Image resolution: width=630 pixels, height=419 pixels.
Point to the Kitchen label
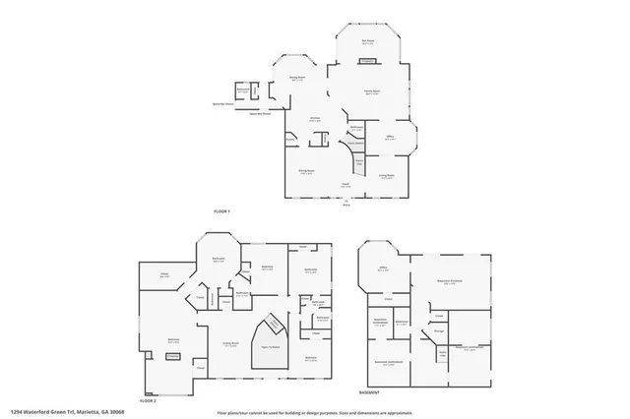pyautogui.click(x=316, y=119)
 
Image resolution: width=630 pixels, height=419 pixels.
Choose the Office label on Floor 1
pyautogui.click(x=390, y=137)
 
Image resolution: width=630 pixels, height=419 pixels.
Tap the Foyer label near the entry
pyautogui.click(x=346, y=184)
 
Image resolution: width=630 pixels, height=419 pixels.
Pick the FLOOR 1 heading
pyautogui.click(x=221, y=211)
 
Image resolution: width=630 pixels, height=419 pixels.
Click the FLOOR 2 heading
pyautogui.click(x=148, y=400)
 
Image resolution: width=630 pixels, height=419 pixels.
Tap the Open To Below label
pyautogui.click(x=270, y=347)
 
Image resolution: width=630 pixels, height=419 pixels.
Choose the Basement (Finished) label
pyautogui.click(x=451, y=281)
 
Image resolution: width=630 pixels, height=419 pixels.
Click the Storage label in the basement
pyautogui.click(x=425, y=331)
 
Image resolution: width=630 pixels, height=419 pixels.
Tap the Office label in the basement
pyautogui.click(x=382, y=270)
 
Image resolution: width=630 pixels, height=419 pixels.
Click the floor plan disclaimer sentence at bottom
pyautogui.click(x=315, y=412)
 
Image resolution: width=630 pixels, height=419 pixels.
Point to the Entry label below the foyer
pyautogui.click(x=346, y=204)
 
